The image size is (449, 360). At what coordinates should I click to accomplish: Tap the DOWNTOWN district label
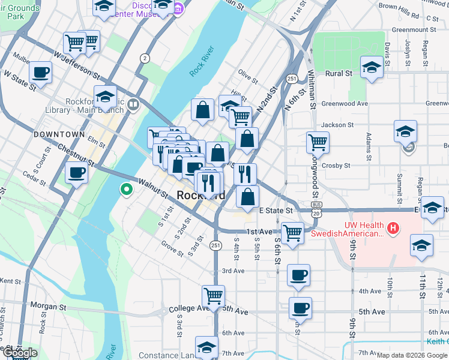[x=59, y=134]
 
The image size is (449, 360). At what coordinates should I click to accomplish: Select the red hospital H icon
[x=393, y=228]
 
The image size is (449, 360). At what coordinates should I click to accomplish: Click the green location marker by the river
[x=126, y=190]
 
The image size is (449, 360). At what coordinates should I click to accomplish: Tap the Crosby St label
[x=335, y=165]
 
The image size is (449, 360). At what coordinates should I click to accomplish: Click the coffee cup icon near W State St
[x=41, y=73]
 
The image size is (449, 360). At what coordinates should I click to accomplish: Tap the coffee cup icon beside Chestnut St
[x=76, y=173]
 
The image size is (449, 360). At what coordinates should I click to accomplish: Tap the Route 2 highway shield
[x=145, y=58]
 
